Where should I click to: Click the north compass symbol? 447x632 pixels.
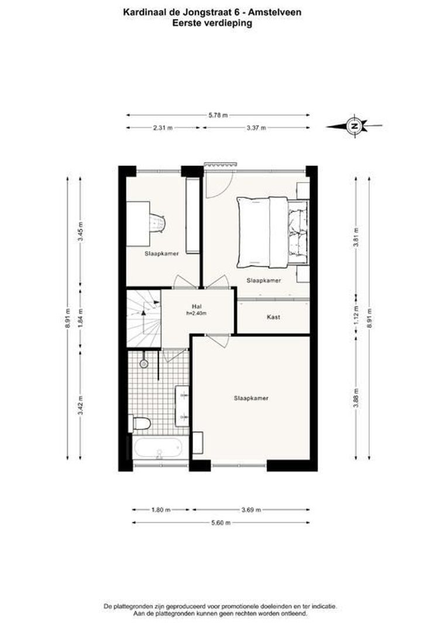point(353,125)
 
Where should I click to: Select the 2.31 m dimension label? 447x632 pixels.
point(162,128)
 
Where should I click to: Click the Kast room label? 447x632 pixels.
point(273,317)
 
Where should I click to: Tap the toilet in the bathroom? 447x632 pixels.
point(142,423)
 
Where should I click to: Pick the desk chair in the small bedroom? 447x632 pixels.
point(157,223)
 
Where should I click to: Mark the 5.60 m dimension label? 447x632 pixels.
point(221,523)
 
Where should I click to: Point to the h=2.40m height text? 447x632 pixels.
point(197,314)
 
